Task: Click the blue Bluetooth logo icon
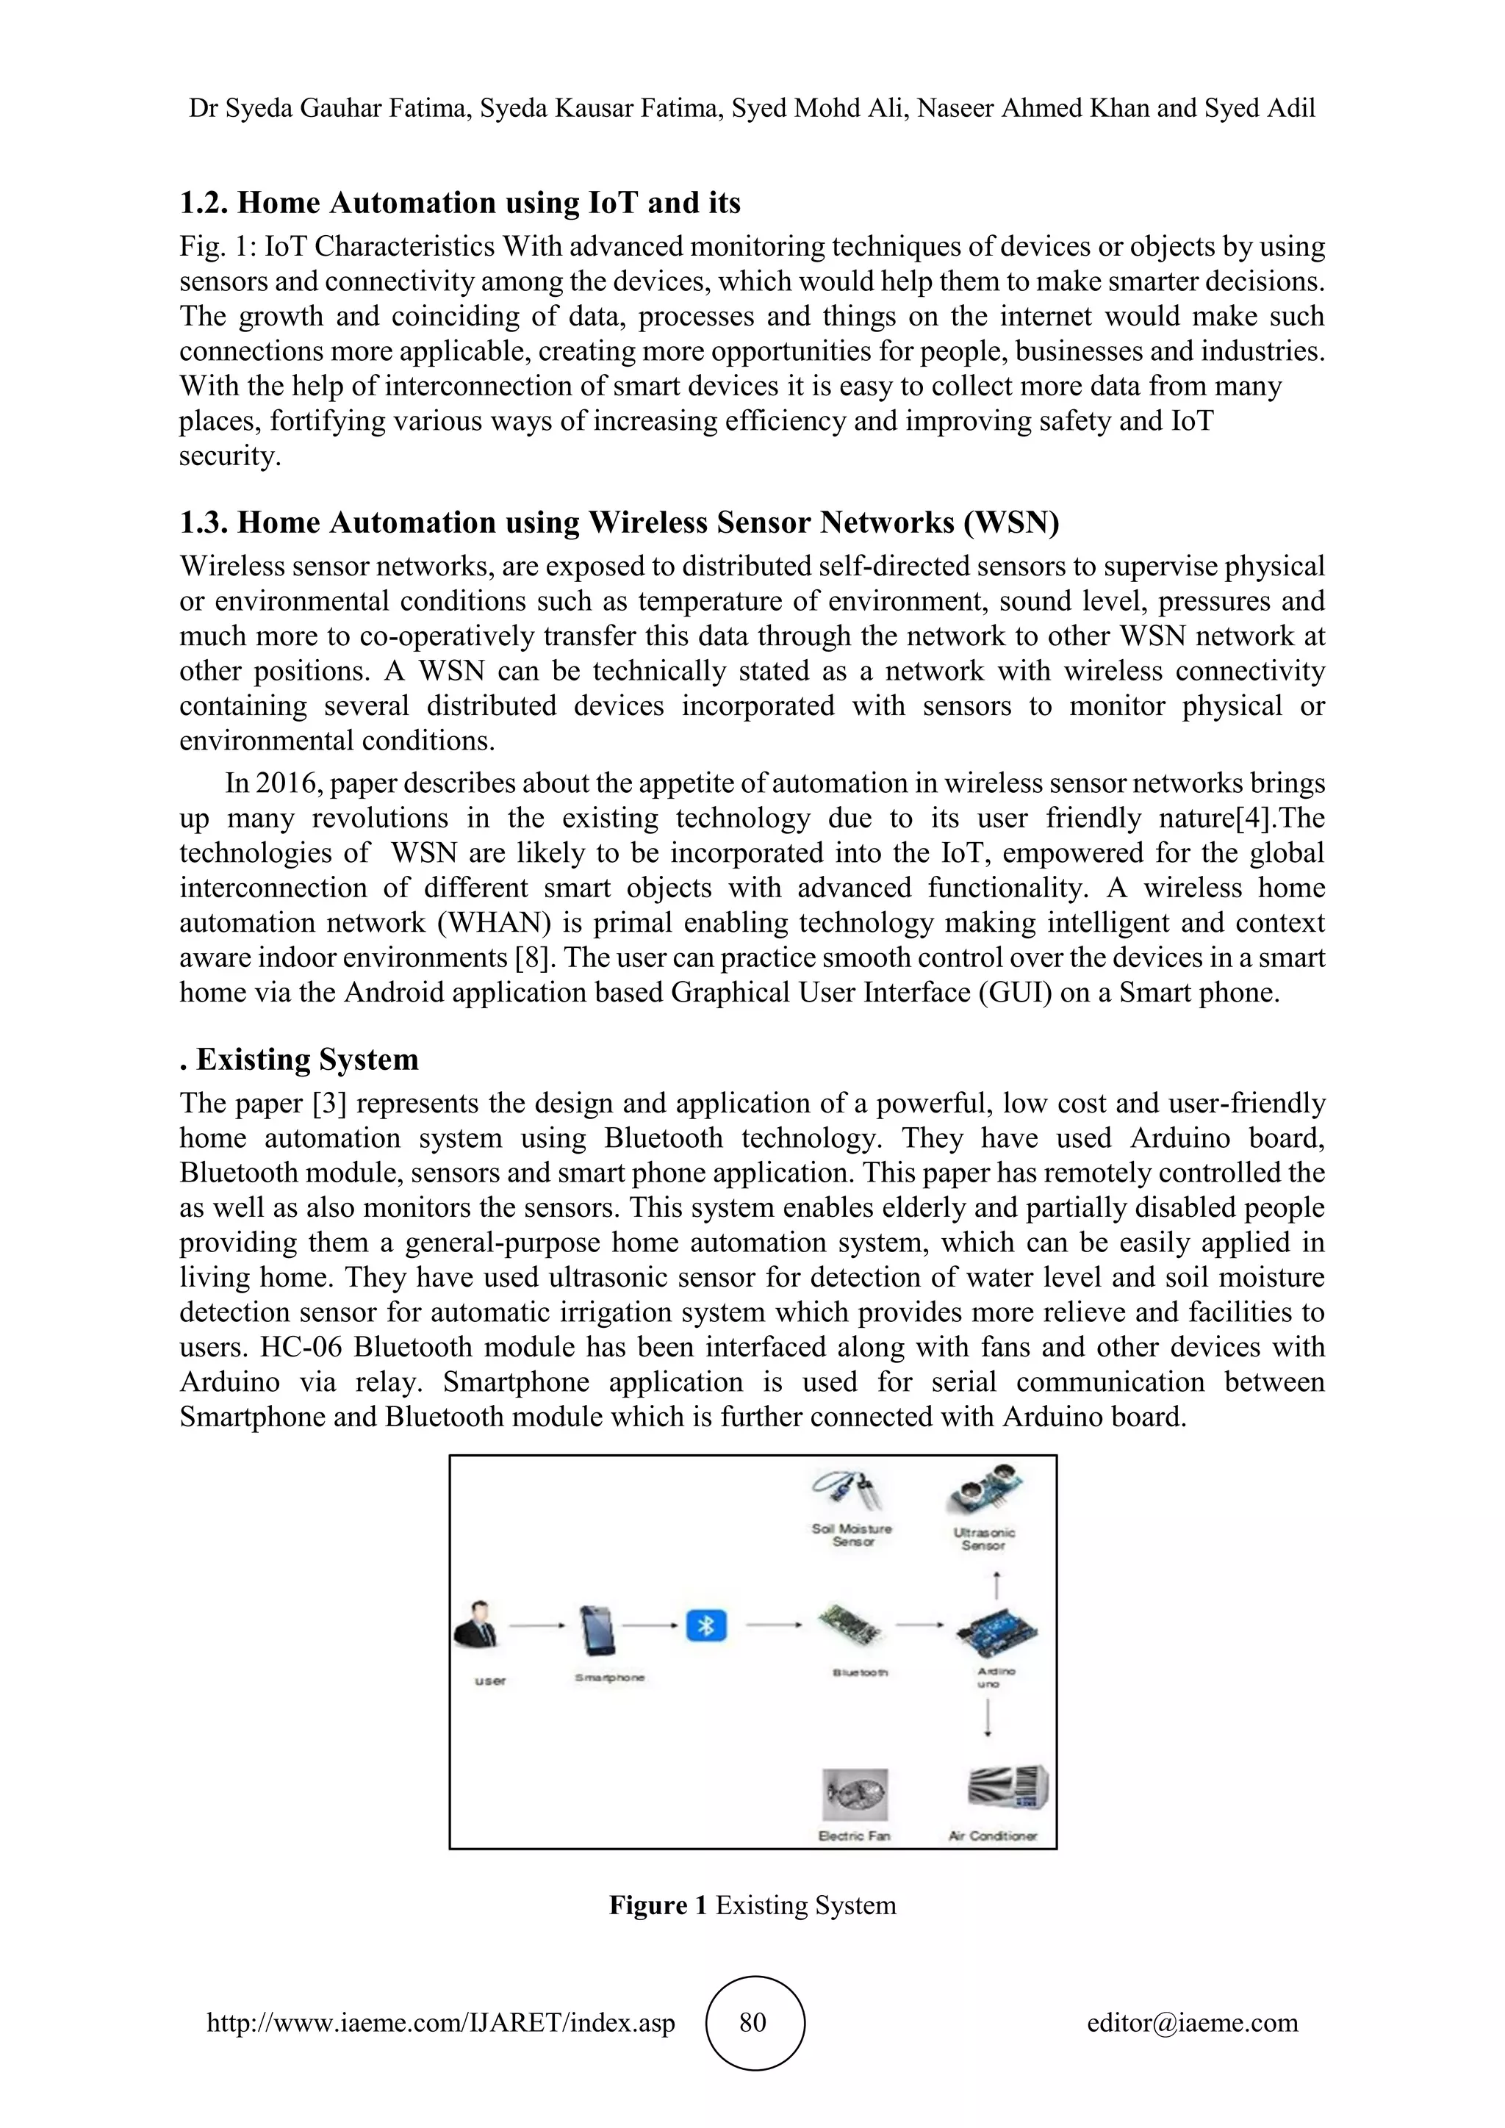tap(706, 1625)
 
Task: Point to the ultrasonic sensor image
tap(985, 1491)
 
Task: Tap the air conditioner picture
tap(1007, 1788)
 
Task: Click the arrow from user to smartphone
tap(536, 1625)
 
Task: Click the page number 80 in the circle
tap(753, 2022)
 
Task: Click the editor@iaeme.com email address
tap(1192, 2022)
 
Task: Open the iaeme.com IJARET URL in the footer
tap(440, 2022)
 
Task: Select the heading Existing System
tap(306, 1060)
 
